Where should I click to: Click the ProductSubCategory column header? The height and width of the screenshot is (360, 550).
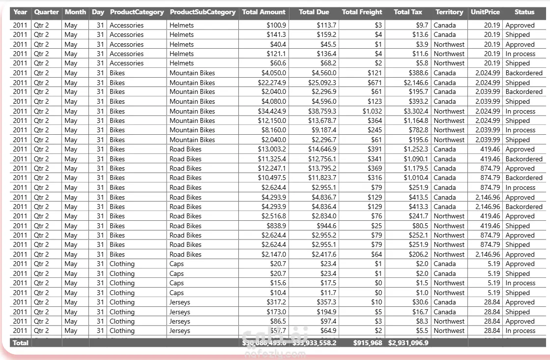tap(203, 12)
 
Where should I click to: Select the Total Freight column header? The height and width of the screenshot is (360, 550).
tap(362, 12)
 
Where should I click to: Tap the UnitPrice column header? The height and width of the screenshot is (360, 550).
tap(485, 12)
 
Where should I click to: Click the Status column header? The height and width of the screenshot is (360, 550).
tap(524, 12)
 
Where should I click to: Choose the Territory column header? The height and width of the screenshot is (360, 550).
tap(449, 12)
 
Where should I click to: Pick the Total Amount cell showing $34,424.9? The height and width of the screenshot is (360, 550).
tap(272, 111)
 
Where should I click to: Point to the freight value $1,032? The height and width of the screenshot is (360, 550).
tap(372, 111)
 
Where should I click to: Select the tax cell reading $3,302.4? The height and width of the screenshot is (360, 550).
tap(416, 111)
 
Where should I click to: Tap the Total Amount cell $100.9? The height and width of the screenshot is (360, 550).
tap(276, 25)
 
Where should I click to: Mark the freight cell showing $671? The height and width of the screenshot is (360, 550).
tap(375, 83)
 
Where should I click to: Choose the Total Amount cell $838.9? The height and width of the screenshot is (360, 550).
tap(276, 226)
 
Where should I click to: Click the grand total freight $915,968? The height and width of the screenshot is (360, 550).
tap(367, 343)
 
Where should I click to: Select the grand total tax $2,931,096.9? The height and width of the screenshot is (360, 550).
tap(408, 343)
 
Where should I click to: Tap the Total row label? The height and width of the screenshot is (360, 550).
tap(21, 343)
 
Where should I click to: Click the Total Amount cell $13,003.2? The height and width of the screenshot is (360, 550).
tap(272, 149)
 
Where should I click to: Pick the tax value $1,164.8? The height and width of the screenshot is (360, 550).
tap(416, 120)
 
